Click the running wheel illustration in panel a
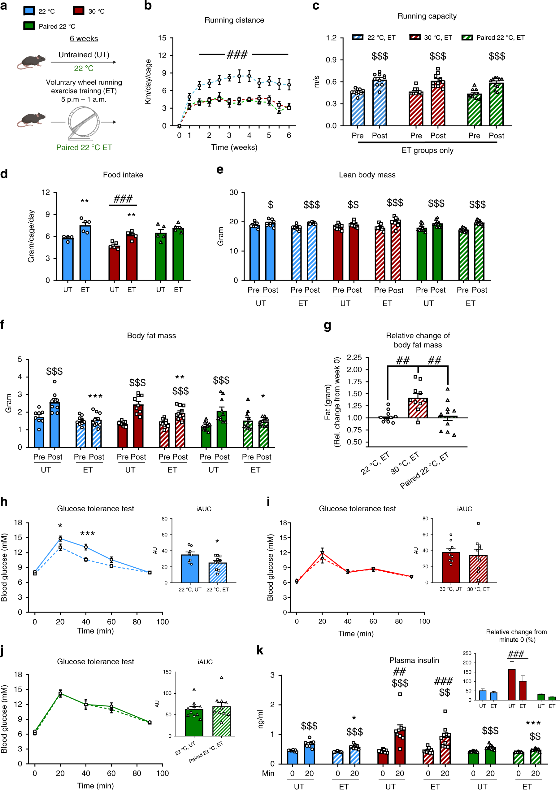(84, 122)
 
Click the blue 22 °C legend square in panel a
(29, 11)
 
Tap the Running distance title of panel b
(234, 20)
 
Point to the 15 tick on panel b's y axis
(162, 38)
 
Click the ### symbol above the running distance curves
(237, 54)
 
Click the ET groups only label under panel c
(427, 151)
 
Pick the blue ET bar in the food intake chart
(85, 252)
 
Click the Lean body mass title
(367, 175)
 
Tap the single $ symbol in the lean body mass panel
(271, 205)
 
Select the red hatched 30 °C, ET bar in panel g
(418, 408)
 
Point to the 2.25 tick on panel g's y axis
(354, 357)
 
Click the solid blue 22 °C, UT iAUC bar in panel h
(190, 569)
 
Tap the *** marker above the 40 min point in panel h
(88, 534)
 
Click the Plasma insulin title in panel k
(414, 660)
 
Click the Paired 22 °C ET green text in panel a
(84, 147)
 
